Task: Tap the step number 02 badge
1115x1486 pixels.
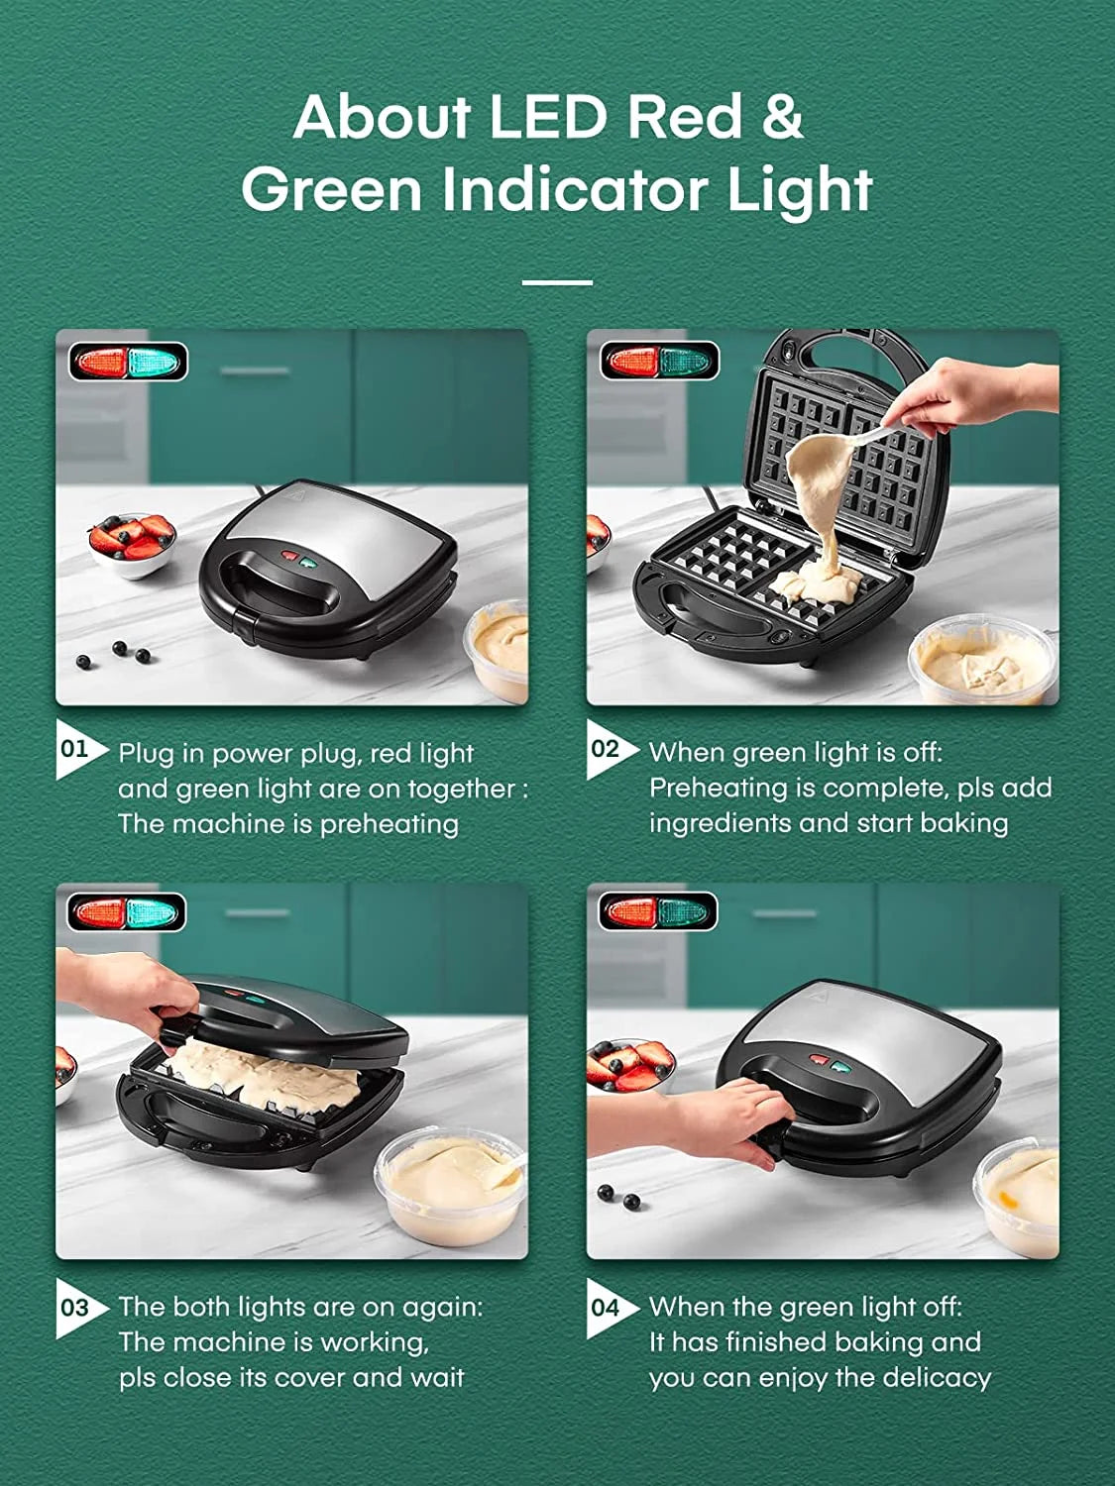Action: (x=606, y=749)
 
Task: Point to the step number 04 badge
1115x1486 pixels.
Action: (x=606, y=1308)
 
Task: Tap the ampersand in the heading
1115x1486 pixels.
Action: (x=782, y=117)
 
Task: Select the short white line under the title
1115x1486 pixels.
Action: (x=557, y=282)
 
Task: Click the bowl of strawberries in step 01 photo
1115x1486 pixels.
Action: (x=132, y=543)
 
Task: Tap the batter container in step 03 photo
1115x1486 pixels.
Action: (x=452, y=1189)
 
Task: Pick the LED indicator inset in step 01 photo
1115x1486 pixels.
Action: (x=128, y=363)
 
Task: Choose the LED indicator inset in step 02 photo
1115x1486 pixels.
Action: (x=659, y=362)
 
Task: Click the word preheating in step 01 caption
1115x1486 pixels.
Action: (x=389, y=824)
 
